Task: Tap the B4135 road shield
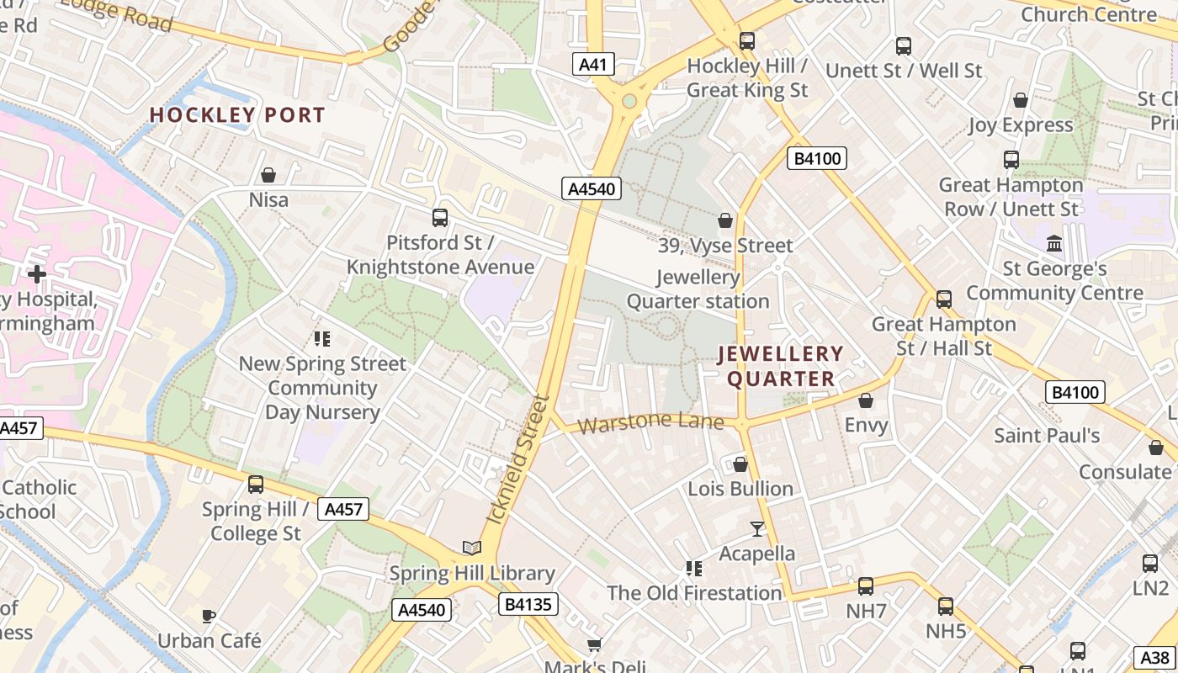[x=529, y=604]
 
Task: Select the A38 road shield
[x=1155, y=657]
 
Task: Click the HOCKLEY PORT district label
[x=237, y=115]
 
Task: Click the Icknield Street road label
[x=519, y=460]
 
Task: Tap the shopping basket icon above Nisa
[x=268, y=175]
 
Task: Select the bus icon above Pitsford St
[x=439, y=218]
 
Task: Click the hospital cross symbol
[x=36, y=273]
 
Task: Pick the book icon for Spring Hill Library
[x=472, y=548]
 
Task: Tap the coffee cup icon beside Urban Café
[x=209, y=616]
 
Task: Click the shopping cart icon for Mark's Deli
[x=594, y=644]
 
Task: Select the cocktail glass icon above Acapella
[x=757, y=528]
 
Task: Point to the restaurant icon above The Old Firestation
[x=694, y=569]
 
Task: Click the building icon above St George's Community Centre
[x=1053, y=244]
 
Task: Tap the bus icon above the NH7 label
[x=865, y=586]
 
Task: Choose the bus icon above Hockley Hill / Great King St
[x=746, y=41]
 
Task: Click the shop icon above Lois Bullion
[x=740, y=464]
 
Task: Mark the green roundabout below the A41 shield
[x=629, y=102]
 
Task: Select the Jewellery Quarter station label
[x=698, y=289]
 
